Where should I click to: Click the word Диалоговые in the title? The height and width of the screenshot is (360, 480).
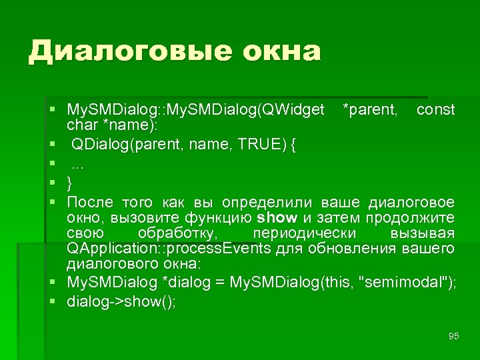pyautogui.click(x=119, y=51)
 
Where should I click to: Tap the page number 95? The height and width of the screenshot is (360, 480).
pyautogui.click(x=454, y=336)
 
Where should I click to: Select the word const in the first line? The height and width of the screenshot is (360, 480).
pyautogui.click(x=435, y=109)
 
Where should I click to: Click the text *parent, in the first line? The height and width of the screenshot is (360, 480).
pyautogui.click(x=369, y=109)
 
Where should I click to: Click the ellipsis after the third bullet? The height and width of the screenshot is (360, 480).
pyautogui.click(x=77, y=163)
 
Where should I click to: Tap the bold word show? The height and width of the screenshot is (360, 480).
pyautogui.click(x=277, y=218)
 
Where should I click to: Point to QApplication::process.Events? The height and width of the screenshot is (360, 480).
pyautogui.click(x=169, y=249)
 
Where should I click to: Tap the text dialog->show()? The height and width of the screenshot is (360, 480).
pyautogui.click(x=121, y=301)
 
